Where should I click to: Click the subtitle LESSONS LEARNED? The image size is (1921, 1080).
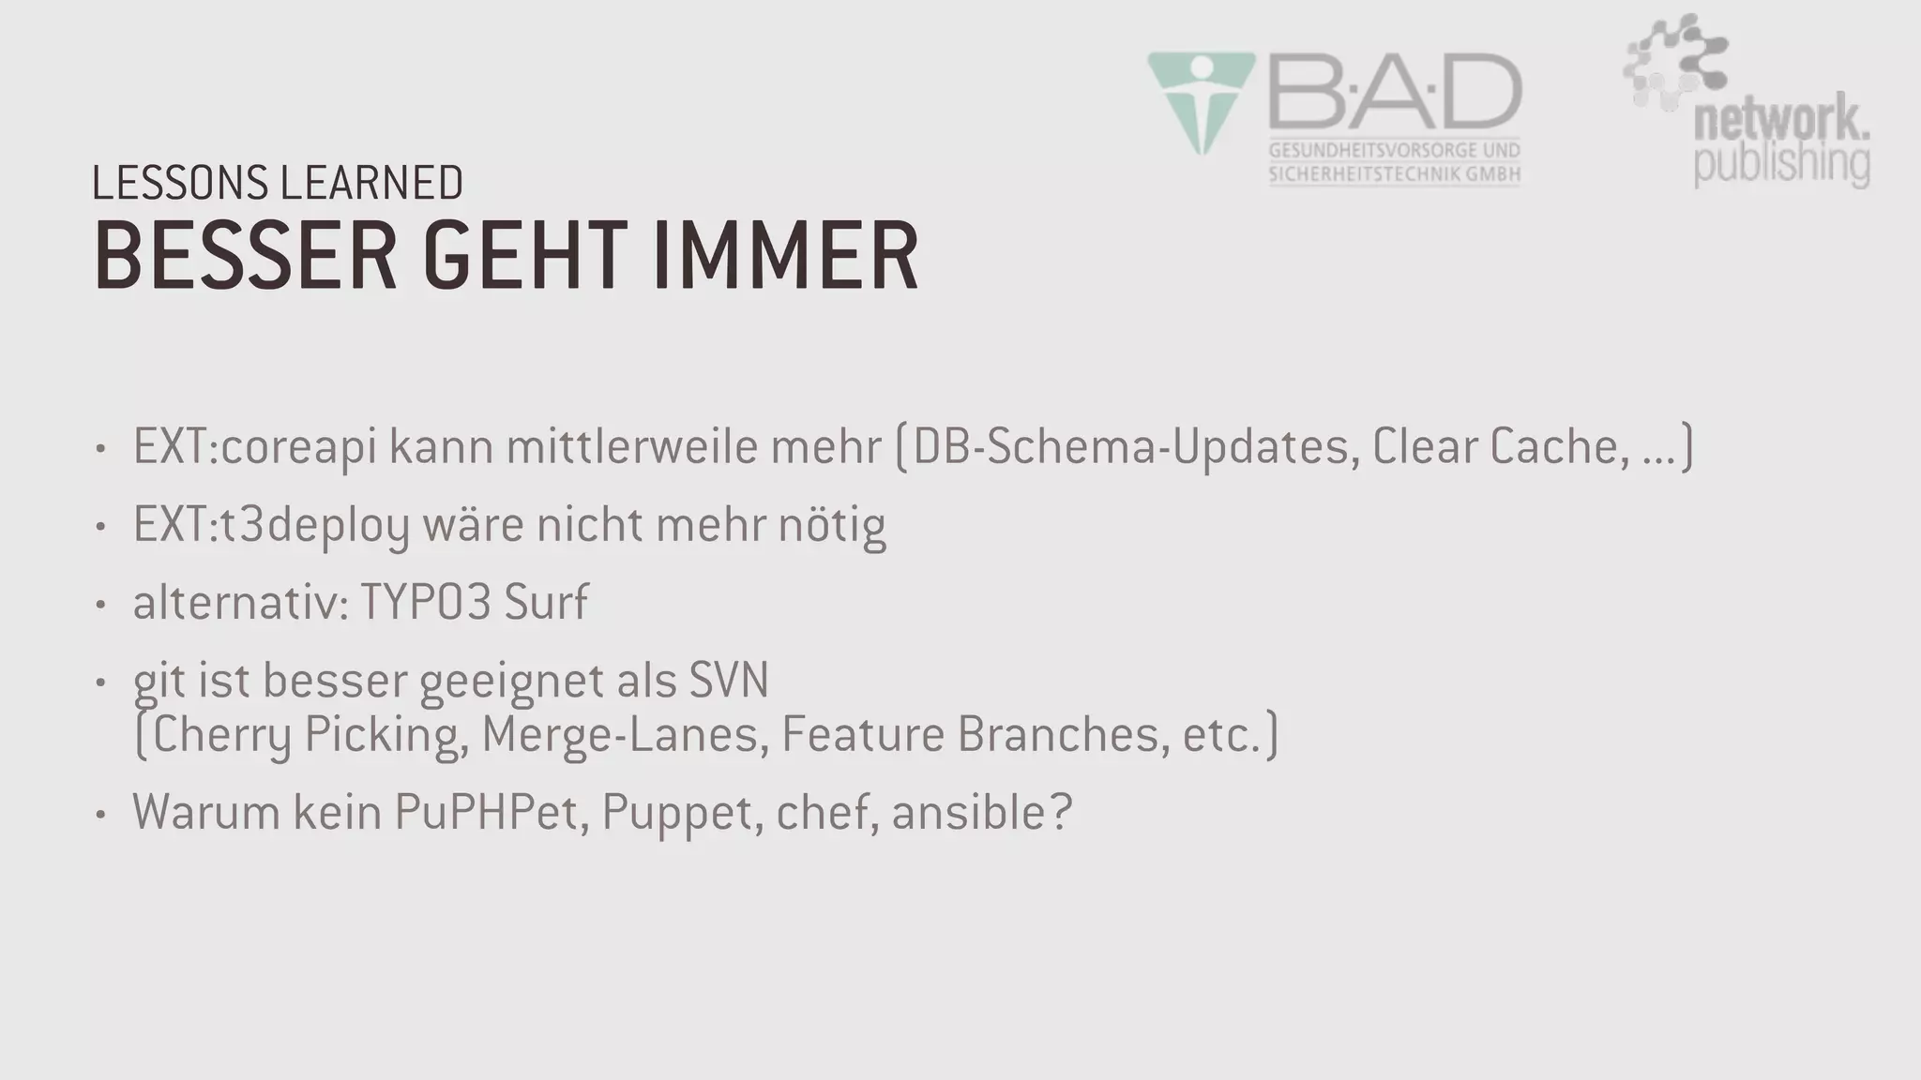tap(278, 183)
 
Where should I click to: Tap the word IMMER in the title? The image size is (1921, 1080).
tap(785, 257)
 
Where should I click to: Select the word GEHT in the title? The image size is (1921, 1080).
tap(524, 257)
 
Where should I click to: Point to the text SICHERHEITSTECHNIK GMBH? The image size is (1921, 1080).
tap(1394, 174)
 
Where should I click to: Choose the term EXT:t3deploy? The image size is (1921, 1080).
tap(271, 525)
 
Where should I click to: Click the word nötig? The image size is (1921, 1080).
tap(832, 525)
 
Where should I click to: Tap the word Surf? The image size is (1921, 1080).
tap(546, 602)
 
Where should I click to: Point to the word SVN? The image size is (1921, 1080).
tap(729, 680)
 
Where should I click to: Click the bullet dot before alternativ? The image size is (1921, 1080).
tap(100, 604)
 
